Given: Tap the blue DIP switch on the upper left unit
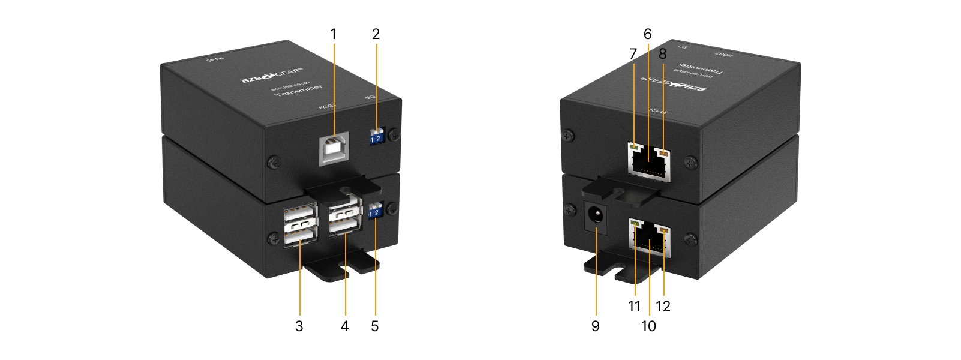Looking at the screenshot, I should click(376, 137).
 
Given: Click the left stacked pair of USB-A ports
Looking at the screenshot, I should click(299, 226).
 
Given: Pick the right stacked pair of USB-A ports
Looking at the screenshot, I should click(345, 220).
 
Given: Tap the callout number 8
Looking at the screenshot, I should click(662, 55).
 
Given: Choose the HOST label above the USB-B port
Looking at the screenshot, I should click(326, 106).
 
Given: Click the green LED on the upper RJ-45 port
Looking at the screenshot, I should click(635, 146).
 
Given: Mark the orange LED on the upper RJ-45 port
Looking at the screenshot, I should click(663, 153).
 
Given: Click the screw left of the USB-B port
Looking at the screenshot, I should click(273, 161).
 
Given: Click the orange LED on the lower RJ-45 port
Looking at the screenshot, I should click(663, 230).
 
